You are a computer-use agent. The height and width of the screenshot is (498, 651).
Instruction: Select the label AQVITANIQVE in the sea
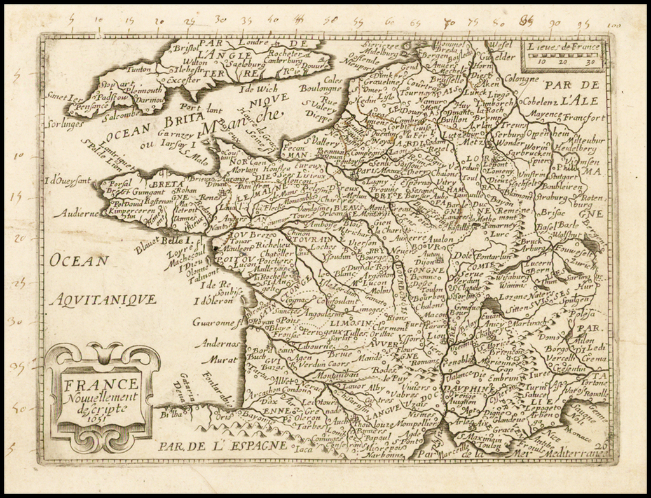click(x=103, y=298)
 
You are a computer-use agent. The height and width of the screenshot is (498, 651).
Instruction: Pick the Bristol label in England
click(x=185, y=48)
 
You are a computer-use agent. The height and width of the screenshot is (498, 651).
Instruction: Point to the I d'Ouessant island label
click(x=68, y=181)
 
